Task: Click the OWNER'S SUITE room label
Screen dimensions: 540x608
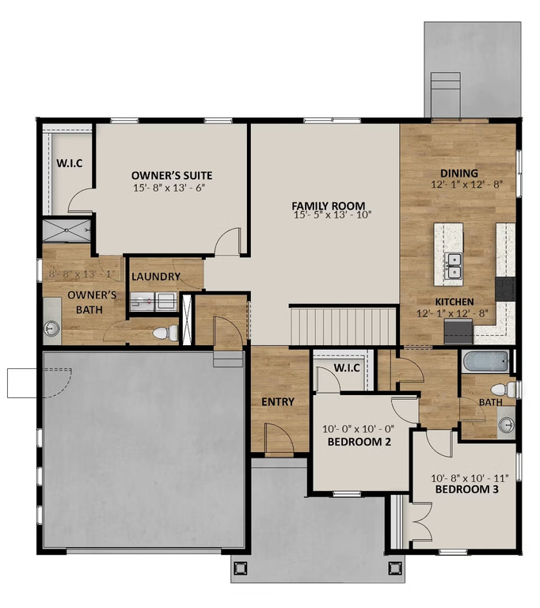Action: click(x=172, y=176)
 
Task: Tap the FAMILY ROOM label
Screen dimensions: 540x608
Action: click(x=328, y=206)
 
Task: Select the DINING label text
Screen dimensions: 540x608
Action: click(x=459, y=173)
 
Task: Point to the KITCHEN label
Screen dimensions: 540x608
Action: click(x=454, y=302)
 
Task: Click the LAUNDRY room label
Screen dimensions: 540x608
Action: click(x=156, y=276)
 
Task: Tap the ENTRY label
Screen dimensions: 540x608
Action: click(x=278, y=401)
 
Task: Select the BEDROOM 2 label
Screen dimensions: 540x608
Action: click(x=359, y=442)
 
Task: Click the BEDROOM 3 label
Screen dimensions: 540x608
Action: click(x=466, y=489)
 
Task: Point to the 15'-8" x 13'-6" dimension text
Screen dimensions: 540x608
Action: click(x=169, y=188)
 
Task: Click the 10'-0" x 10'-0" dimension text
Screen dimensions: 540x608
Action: click(x=359, y=429)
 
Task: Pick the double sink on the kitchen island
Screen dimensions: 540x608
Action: click(x=454, y=266)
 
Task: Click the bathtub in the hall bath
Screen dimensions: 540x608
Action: click(x=485, y=361)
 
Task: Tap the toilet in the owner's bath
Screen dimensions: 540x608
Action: click(x=165, y=333)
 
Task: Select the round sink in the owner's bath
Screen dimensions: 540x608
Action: click(x=51, y=329)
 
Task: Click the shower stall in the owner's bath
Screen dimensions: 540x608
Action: click(x=67, y=230)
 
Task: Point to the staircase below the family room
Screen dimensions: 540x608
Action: click(x=343, y=326)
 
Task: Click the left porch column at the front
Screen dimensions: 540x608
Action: click(x=240, y=568)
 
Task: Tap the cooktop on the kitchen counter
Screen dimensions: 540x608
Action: click(x=505, y=289)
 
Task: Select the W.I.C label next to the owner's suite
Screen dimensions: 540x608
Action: click(x=70, y=163)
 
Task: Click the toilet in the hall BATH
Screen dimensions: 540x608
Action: click(x=503, y=389)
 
